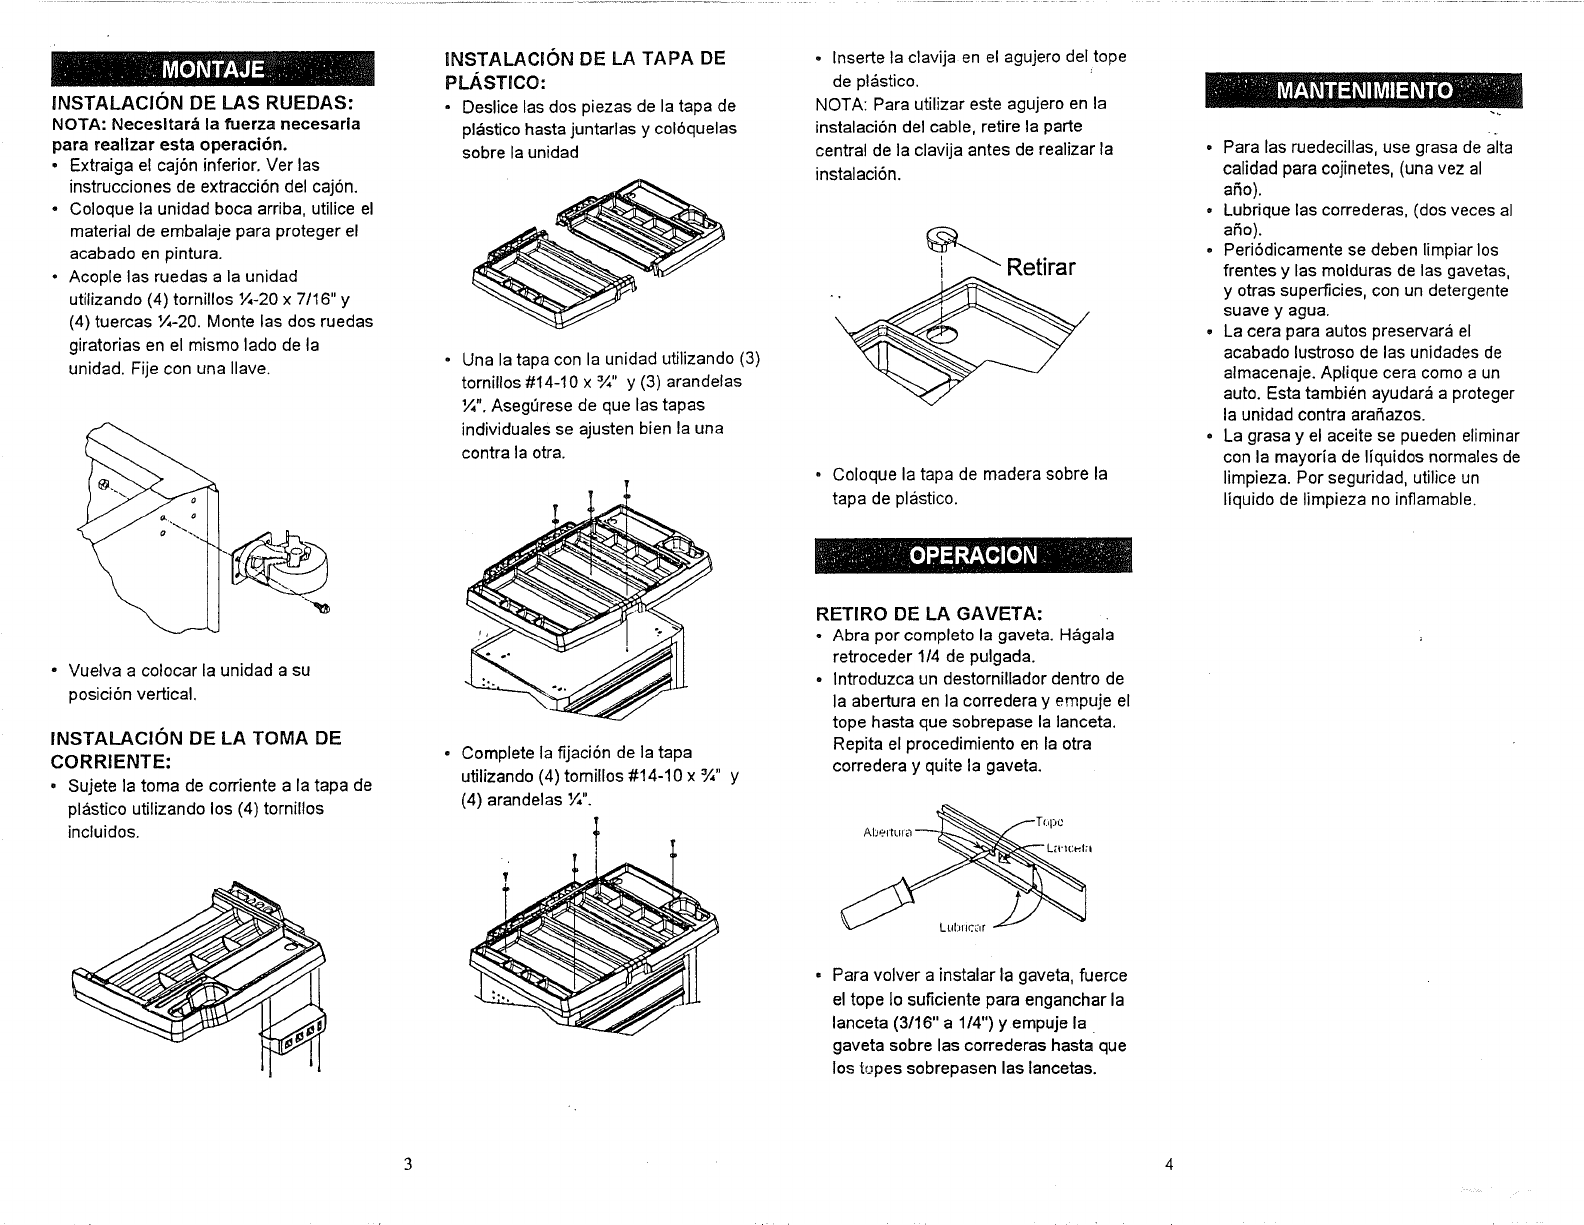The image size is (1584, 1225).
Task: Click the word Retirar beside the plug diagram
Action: [x=1041, y=268]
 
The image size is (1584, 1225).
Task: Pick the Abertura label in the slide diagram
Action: [x=887, y=833]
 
